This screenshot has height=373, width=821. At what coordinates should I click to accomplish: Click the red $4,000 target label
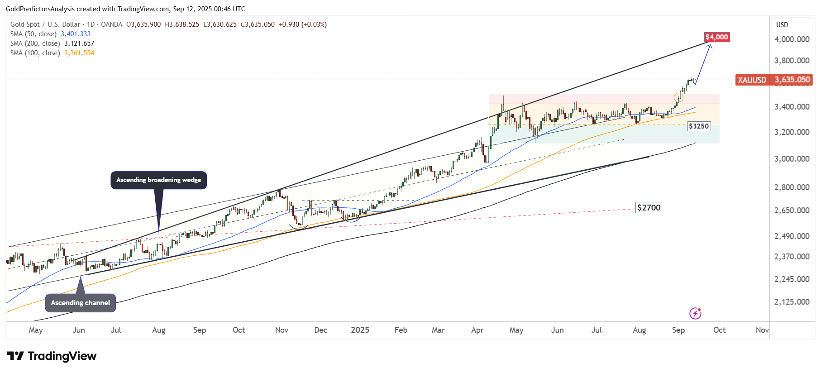[x=717, y=37]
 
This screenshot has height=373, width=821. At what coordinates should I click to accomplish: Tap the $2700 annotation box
[x=649, y=208]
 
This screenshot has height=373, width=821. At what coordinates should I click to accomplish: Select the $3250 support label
[x=698, y=126]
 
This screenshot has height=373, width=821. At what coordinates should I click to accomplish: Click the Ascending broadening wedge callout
[x=158, y=180]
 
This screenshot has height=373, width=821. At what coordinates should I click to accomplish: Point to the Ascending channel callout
[x=81, y=303]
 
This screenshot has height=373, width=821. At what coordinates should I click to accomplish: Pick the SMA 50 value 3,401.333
[x=76, y=34]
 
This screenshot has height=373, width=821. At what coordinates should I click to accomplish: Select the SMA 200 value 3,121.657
[x=79, y=43]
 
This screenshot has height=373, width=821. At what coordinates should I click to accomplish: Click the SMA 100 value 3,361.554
[x=79, y=53]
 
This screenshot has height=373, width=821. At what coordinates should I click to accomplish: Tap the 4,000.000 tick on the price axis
[x=792, y=39]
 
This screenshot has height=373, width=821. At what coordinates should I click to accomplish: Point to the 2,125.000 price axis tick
[x=792, y=302]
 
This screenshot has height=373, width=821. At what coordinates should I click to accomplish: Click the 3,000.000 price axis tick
[x=792, y=159]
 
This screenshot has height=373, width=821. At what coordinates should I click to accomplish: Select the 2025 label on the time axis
[x=360, y=330]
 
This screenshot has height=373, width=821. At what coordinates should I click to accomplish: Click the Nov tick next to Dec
[x=282, y=330]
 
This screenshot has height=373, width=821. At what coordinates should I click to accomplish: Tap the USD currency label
[x=782, y=25]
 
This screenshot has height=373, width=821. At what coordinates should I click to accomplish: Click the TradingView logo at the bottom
[x=52, y=356]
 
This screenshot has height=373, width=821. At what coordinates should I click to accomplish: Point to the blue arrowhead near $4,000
[x=710, y=45]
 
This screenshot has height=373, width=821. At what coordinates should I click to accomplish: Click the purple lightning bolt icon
[x=695, y=313]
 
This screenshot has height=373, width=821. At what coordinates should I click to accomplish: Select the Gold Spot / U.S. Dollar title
[x=45, y=24]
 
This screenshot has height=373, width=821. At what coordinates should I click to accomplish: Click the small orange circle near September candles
[x=678, y=97]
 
